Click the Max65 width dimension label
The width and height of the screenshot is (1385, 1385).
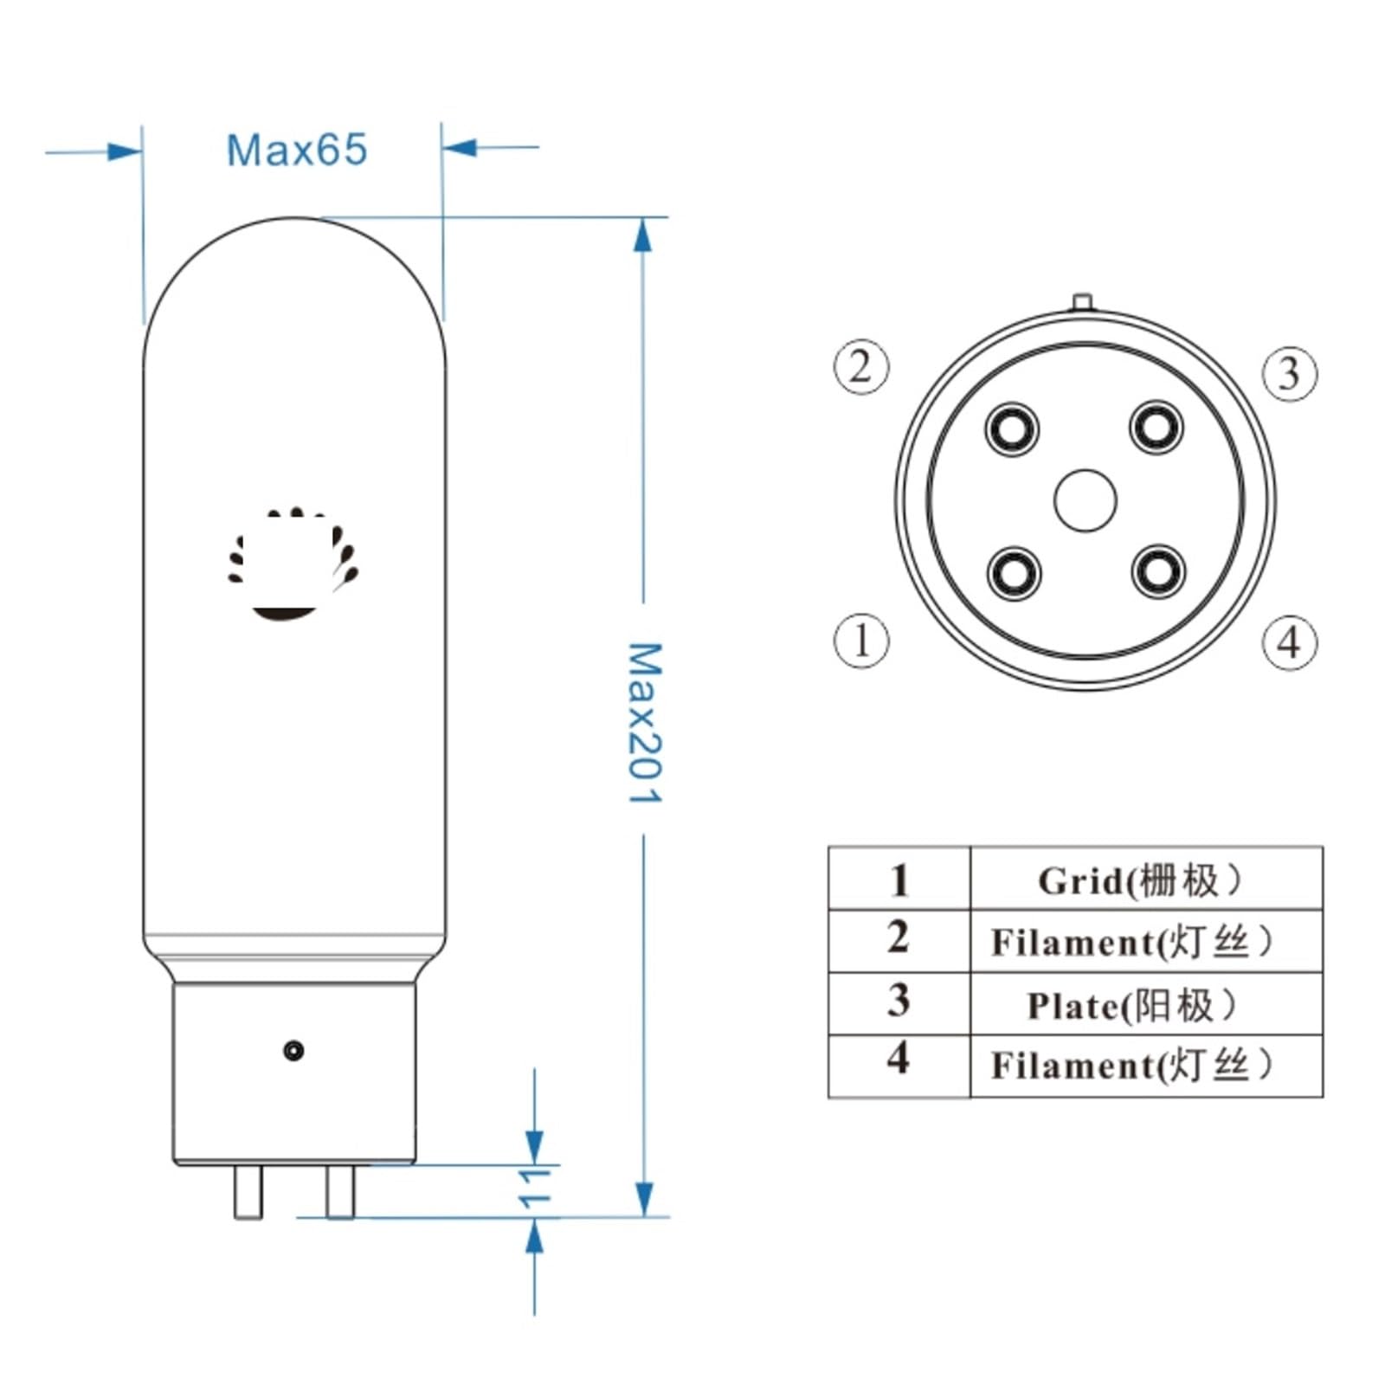(x=296, y=150)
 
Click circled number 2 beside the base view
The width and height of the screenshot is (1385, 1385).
(x=860, y=366)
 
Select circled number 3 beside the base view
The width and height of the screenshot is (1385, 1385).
(x=1289, y=373)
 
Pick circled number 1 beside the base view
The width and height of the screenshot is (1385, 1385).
(x=860, y=641)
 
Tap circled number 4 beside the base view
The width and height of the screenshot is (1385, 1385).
(x=1289, y=642)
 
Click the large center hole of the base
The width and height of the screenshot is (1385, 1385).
(x=1085, y=500)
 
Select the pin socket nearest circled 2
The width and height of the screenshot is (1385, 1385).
(x=1012, y=428)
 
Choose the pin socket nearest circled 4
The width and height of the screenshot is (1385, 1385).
(x=1157, y=572)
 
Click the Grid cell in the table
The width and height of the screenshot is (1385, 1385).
(x=1144, y=880)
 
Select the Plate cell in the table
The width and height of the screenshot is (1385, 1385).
(x=1144, y=1005)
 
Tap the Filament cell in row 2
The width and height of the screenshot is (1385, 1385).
(x=1144, y=942)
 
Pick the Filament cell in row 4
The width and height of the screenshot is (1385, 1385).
(x=1144, y=1066)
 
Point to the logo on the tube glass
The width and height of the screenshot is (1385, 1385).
(x=293, y=564)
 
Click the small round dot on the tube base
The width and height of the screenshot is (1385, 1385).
(x=293, y=1051)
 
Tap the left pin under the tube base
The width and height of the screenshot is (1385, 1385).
(x=248, y=1191)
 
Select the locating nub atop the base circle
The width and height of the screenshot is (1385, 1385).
(x=1082, y=302)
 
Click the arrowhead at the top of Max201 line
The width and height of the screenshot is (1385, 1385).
(x=642, y=235)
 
